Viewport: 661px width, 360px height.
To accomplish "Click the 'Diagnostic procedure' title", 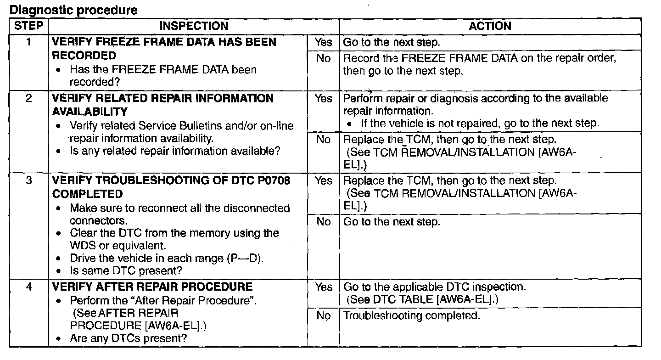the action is click(x=73, y=10).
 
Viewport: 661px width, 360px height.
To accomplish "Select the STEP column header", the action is click(x=28, y=26).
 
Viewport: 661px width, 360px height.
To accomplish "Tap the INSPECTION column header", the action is click(x=194, y=26).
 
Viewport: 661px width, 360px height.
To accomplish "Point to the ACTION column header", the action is click(x=490, y=26).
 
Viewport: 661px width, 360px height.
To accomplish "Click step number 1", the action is click(x=28, y=42).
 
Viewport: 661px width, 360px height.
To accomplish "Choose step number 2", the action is click(x=28, y=98).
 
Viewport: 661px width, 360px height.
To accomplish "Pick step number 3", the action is click(x=28, y=180).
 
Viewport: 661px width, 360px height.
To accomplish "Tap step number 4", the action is click(x=28, y=287).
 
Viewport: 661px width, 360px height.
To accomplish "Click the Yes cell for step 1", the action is click(x=324, y=42).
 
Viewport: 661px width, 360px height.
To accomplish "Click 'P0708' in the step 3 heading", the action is click(x=274, y=180).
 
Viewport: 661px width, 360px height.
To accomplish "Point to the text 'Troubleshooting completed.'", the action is click(x=412, y=315).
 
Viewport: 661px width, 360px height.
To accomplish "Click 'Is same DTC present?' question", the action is click(x=126, y=270).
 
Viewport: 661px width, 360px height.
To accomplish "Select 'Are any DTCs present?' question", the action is click(x=129, y=338).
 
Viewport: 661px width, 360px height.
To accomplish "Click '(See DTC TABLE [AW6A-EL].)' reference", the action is click(x=422, y=299).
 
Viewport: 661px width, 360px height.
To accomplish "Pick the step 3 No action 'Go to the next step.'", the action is click(x=392, y=222).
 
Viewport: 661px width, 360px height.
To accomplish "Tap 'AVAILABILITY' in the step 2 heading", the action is click(x=90, y=112).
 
